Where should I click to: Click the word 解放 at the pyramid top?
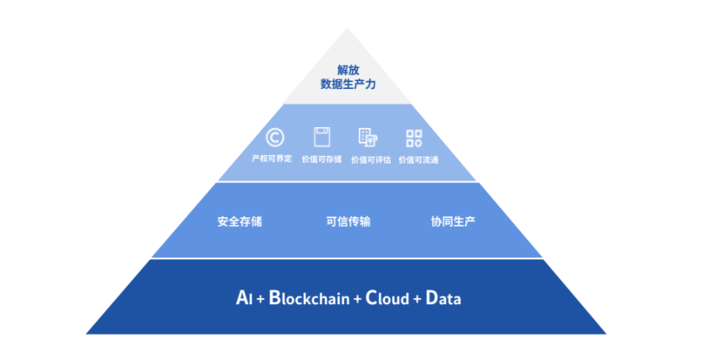(348, 70)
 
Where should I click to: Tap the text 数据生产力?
(348, 84)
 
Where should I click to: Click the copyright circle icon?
(274, 138)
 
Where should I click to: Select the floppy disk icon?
(322, 137)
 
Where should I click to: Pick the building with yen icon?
(368, 138)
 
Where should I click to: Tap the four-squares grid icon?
(414, 139)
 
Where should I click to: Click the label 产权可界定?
(272, 159)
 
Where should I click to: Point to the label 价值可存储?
(321, 160)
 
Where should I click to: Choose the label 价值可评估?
(371, 160)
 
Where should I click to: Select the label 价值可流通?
(418, 160)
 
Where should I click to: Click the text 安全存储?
(240, 221)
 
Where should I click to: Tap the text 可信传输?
(348, 221)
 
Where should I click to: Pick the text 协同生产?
(453, 221)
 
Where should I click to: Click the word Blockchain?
(309, 298)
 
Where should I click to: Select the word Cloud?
(388, 298)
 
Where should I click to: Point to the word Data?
(443, 298)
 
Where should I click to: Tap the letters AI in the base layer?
(244, 298)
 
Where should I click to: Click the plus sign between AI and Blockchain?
(260, 299)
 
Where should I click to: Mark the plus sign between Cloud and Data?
(417, 299)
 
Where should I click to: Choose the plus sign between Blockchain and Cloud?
(357, 299)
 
